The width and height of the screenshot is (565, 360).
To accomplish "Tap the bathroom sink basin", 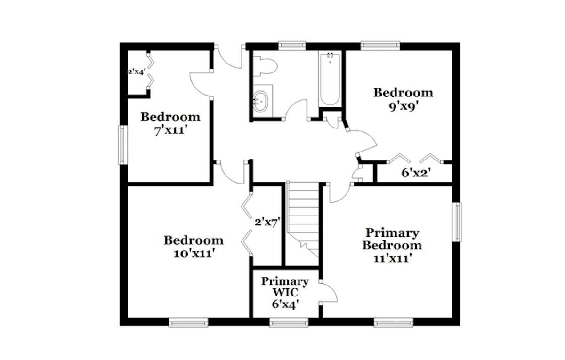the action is pos(260,101).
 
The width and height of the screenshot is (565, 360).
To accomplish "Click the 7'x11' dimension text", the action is pos(171,131).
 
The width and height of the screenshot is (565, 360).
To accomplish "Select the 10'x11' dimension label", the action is pos(194,254).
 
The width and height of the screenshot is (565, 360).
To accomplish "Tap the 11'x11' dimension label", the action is pos(393,258).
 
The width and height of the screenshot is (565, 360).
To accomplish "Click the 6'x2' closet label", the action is pos(416,173).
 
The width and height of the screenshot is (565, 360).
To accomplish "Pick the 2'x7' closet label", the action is pos(267,222).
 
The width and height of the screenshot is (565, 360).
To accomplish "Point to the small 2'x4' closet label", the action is pos(137,72).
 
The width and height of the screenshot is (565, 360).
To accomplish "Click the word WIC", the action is pos(285,292).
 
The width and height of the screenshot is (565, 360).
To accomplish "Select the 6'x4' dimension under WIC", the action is pos(285,304).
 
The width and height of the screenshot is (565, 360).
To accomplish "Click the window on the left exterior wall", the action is pos(123,145).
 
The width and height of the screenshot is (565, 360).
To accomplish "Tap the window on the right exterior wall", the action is pos(457,222).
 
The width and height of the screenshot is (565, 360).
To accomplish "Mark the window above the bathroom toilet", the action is pos(292,46).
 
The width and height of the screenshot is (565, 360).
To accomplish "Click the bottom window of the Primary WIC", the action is pos(289,322).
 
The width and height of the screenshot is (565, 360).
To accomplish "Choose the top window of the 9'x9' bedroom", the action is pos(380,46).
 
